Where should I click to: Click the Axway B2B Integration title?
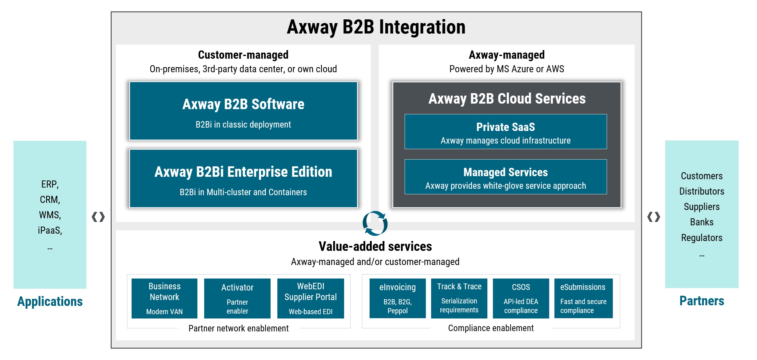pos(376,27)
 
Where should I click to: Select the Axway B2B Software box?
pos(243,111)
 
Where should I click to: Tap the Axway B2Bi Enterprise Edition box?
pos(243,178)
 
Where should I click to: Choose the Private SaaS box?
pos(505,132)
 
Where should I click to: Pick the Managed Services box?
pos(505,177)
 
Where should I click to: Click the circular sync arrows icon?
pos(375,223)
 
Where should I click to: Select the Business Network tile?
pos(164,298)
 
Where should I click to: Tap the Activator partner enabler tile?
pos(237,298)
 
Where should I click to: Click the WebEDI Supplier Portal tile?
pos(311,298)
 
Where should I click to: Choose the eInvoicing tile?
pos(398,298)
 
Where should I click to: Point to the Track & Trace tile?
pos(459,298)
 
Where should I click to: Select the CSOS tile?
pos(521,298)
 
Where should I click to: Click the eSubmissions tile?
pos(583,298)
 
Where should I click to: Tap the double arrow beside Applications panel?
pos(98,217)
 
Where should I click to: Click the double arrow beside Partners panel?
pos(654,217)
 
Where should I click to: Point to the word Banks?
pos(702,222)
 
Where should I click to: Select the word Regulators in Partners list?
pos(702,238)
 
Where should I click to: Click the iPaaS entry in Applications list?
pos(50,230)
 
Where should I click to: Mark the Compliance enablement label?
pos(491,328)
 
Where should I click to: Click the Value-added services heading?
pos(375,247)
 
